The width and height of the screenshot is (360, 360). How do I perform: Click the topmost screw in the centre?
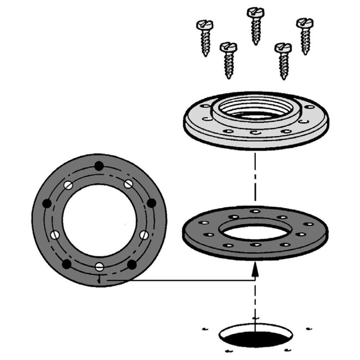pos(255,25)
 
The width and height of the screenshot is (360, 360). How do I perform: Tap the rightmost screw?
pos(305,35)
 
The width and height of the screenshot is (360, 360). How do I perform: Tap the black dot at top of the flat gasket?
pos(99,165)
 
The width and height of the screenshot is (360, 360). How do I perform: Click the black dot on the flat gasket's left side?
pos(47,204)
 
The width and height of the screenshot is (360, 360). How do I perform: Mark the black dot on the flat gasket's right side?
pos(151,203)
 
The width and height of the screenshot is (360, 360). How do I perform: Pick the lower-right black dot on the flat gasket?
pos(131,264)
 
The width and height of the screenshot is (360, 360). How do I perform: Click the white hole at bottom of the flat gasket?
pos(99,267)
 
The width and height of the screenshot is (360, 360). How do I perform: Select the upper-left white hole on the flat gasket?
pos(68,185)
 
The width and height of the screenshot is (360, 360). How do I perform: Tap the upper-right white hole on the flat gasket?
pos(128,184)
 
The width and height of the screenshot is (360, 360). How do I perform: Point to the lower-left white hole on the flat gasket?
pos(55,235)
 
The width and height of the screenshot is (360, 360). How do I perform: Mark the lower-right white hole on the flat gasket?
pos(144,235)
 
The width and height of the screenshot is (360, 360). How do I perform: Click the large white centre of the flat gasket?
pos(99,220)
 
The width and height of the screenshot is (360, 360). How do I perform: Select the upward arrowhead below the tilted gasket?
pos(255,270)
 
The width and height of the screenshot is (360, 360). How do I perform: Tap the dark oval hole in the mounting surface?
pos(255,337)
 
